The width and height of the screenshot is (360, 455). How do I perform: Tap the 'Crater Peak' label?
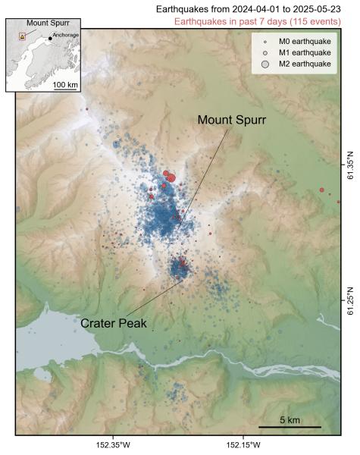(114, 322)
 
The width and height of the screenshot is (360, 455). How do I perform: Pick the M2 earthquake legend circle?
(265, 65)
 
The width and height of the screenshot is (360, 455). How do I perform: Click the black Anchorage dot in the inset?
(50, 38)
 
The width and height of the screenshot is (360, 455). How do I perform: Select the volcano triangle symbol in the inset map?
(22, 36)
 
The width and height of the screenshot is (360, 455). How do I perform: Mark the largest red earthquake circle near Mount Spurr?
(170, 178)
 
